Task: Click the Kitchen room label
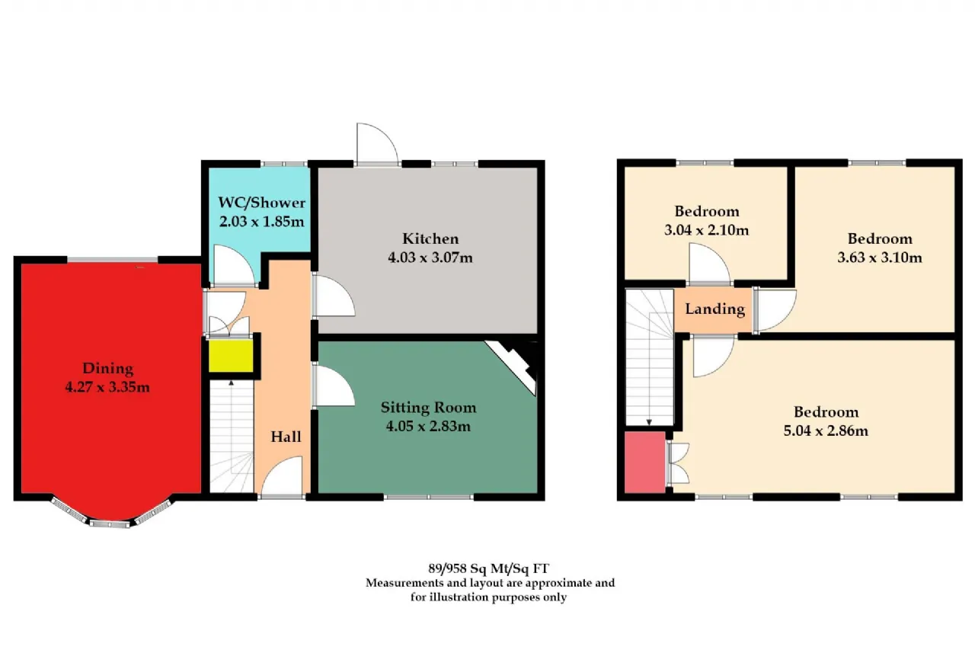[430, 239]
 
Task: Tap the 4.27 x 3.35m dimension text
[107, 386]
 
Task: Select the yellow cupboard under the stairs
[231, 356]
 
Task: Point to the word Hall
[286, 436]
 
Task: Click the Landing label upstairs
[715, 309]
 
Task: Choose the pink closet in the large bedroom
[645, 463]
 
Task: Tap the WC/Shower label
[261, 203]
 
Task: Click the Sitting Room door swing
[334, 386]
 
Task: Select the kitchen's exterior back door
[377, 144]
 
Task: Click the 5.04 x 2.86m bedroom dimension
[826, 431]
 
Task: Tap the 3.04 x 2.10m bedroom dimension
[706, 230]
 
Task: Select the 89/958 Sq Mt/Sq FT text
[488, 568]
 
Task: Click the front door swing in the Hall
[281, 475]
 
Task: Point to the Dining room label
[107, 368]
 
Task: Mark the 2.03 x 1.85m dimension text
[261, 222]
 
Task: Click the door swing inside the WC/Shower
[234, 266]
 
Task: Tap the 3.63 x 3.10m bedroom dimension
[880, 258]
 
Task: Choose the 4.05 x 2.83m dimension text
[428, 426]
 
